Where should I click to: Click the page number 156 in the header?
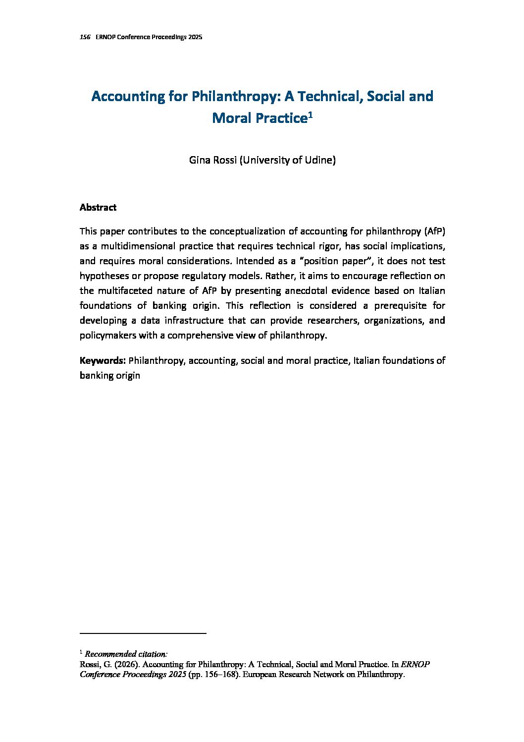85,38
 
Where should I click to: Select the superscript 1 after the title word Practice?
310,115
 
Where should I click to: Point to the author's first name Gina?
200,160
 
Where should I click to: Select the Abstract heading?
98,208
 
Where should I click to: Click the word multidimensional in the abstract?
131,246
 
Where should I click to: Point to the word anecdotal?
313,291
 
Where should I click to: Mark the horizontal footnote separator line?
143,633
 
